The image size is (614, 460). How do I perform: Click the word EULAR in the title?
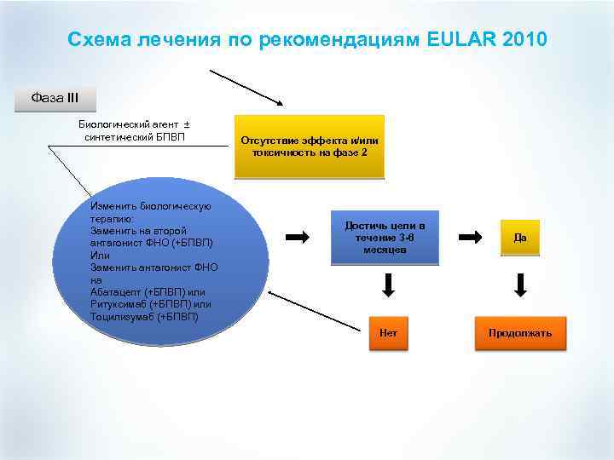[x=461, y=39]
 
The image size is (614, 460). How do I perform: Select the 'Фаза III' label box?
[x=55, y=97]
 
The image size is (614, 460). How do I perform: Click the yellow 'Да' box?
[x=520, y=238]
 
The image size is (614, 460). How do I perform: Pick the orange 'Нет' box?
[x=389, y=332]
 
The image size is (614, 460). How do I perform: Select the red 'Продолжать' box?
[x=520, y=332]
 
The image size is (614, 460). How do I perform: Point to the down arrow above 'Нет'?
[x=389, y=285]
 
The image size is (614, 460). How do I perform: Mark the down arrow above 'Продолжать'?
[x=520, y=285]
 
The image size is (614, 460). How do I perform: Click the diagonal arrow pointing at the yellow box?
[x=247, y=85]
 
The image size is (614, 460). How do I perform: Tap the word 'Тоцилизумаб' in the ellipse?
[x=122, y=316]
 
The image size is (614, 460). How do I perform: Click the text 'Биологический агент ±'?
[x=135, y=124]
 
